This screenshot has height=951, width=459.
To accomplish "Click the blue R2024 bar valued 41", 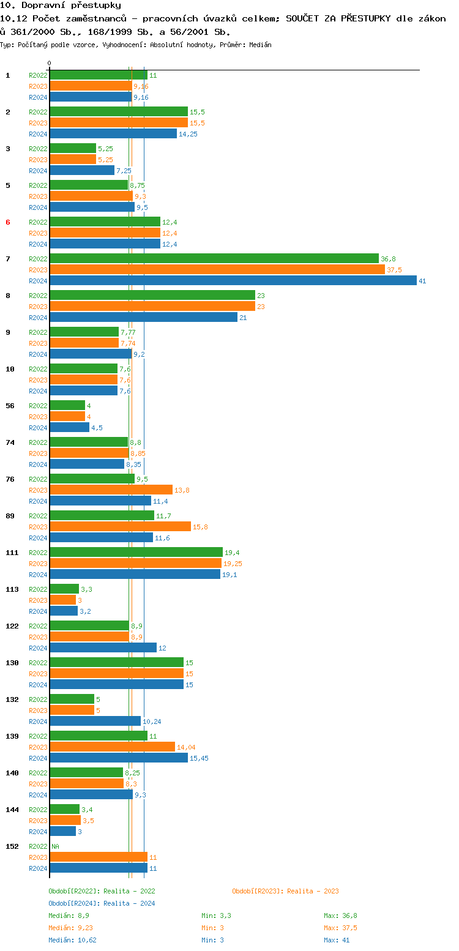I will [x=233, y=281].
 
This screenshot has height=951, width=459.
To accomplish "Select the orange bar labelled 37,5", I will [x=217, y=270].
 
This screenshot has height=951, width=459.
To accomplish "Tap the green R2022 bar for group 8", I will [x=152, y=296].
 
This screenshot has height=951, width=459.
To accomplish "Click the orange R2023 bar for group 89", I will [x=120, y=527].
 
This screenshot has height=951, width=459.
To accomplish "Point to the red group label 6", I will [x=8, y=222].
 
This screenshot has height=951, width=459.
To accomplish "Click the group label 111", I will [x=12, y=553].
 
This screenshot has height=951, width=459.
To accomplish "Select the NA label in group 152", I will [x=55, y=846].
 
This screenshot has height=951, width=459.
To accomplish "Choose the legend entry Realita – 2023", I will [x=285, y=891].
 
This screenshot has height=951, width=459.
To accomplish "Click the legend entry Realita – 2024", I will [x=102, y=903].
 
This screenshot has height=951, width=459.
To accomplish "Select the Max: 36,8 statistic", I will [x=340, y=916].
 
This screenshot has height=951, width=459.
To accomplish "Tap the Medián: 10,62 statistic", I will [x=72, y=940].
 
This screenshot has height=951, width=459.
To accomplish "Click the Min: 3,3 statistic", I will [x=216, y=916].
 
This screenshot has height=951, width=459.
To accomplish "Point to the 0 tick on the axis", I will [x=50, y=64].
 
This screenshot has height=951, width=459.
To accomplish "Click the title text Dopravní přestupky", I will [x=61, y=6].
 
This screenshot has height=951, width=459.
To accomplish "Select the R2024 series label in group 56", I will [x=38, y=428].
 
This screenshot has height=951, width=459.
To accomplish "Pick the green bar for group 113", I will [x=64, y=589].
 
